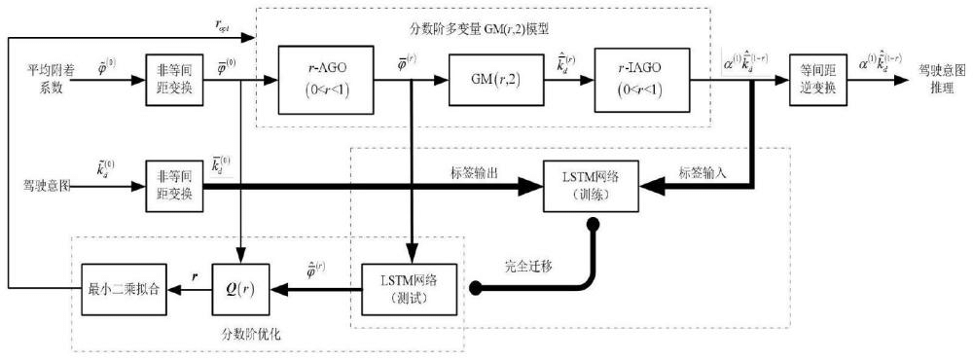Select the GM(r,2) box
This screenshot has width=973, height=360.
coord(496,74)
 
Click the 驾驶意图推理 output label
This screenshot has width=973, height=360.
coord(940,74)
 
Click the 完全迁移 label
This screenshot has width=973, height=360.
coord(533,265)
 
